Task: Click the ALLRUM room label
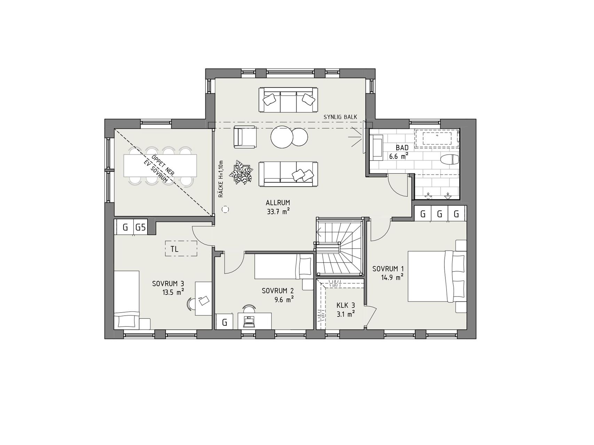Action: [278, 203]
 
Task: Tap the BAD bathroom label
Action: [402, 148]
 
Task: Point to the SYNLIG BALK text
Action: [340, 117]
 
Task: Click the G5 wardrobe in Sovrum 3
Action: [141, 228]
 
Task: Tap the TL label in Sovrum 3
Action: [175, 249]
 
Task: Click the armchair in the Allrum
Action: [245, 137]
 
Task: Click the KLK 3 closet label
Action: [345, 306]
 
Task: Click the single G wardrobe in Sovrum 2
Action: [225, 322]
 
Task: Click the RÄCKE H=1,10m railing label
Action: [221, 179]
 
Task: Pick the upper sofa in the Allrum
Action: [288, 100]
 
